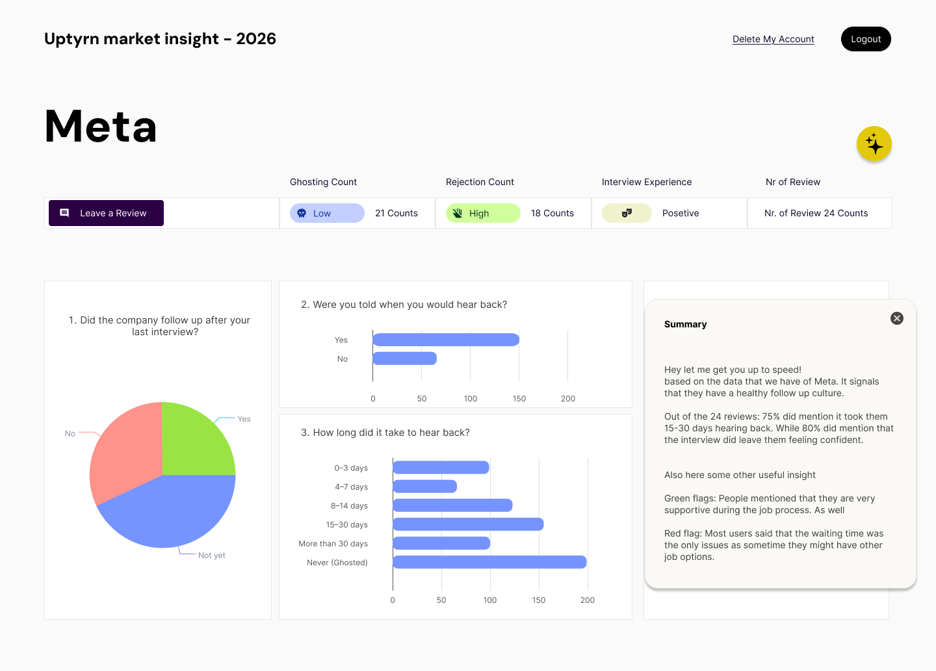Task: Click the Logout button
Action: [866, 39]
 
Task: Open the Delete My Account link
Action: [773, 39]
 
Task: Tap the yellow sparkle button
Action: [874, 144]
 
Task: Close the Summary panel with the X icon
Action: [897, 318]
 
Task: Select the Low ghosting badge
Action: [327, 213]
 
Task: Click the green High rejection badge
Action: [483, 213]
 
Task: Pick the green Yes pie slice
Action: [195, 438]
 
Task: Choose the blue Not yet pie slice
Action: [169, 513]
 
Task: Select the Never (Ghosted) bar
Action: [489, 562]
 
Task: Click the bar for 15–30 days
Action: [468, 524]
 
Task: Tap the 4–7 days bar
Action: [425, 487]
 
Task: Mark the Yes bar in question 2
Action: [446, 340]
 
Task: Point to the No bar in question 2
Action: [404, 359]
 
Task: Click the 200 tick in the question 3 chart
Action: [588, 600]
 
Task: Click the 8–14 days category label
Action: [349, 506]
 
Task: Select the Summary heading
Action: [685, 324]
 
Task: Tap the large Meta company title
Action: [101, 126]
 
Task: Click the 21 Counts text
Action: [396, 213]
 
